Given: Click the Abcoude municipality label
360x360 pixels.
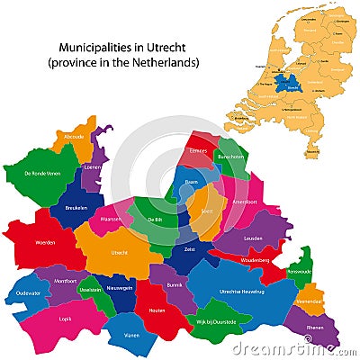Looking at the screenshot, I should pyautogui.click(x=67, y=137).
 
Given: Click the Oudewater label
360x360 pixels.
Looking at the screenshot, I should pyautogui.click(x=27, y=292).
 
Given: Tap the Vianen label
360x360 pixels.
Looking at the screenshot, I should pyautogui.click(x=132, y=335).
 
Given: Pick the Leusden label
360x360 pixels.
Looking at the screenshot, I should pyautogui.click(x=253, y=238).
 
